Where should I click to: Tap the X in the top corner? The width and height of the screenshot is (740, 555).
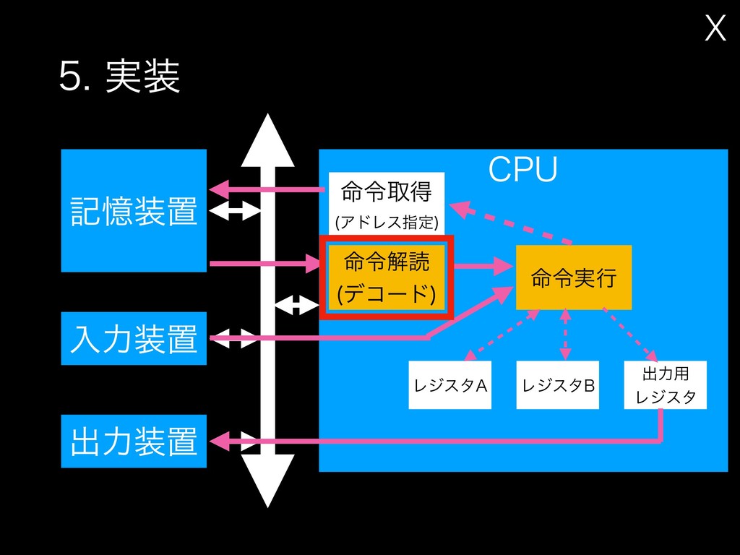click(715, 29)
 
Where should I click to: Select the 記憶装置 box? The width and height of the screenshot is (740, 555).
click(134, 210)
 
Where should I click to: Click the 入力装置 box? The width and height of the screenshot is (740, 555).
click(134, 338)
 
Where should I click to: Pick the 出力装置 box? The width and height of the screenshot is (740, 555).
click(134, 441)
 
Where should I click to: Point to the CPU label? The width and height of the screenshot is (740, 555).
click(522, 169)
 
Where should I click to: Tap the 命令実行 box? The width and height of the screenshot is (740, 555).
click(574, 277)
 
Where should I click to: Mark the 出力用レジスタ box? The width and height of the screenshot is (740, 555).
click(665, 385)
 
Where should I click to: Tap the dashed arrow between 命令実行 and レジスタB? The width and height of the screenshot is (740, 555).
click(564, 334)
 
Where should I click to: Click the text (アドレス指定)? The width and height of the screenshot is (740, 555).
click(387, 220)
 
